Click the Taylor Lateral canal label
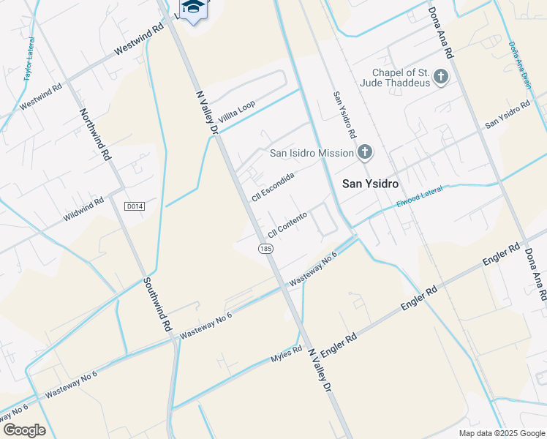tap(29, 65)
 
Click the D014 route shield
tap(134, 206)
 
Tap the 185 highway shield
tap(265, 249)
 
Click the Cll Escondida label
tap(272, 187)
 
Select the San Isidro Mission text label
tap(311, 153)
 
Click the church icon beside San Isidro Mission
tap(364, 152)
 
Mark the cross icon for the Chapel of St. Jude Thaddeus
tap(440, 76)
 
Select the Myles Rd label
tap(287, 354)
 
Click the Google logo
tap(24, 430)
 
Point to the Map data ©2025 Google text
tap(502, 433)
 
